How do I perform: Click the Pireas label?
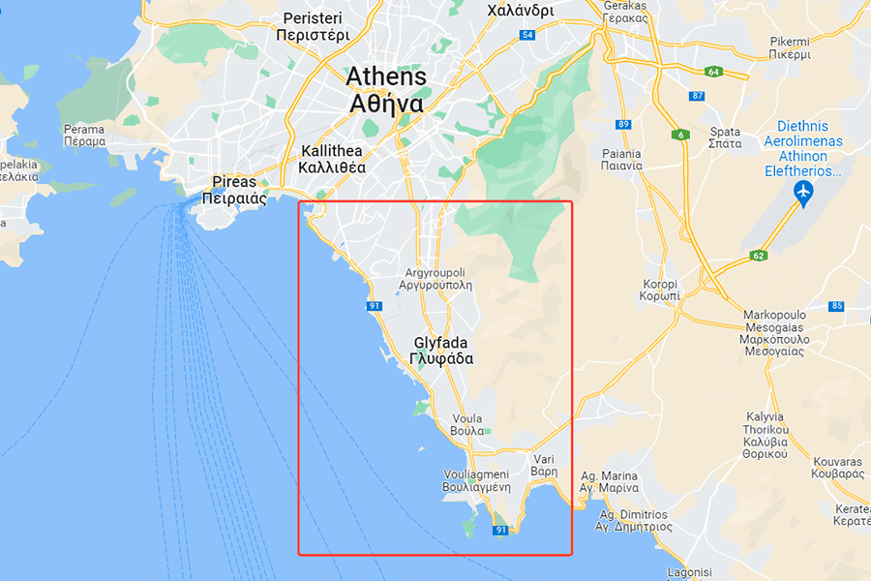[x=233, y=190]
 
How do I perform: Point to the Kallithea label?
[x=332, y=159]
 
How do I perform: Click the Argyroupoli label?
[x=435, y=279]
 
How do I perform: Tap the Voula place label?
[x=467, y=424]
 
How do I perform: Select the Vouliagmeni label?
[x=476, y=480]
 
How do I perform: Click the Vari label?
[x=545, y=464]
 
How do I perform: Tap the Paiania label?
[x=620, y=159]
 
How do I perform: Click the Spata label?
[x=726, y=138]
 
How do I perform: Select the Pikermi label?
[x=790, y=47]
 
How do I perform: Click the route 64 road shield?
[x=714, y=72]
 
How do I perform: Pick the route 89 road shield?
[x=623, y=124]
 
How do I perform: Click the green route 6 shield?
[x=682, y=135]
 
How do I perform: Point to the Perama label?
[x=84, y=135]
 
